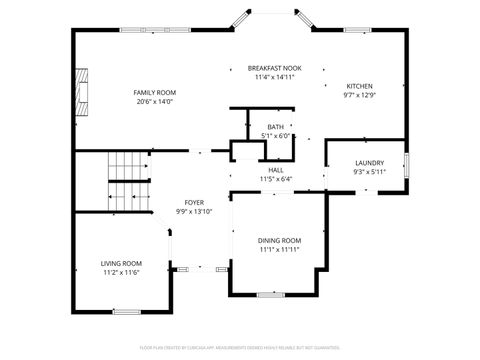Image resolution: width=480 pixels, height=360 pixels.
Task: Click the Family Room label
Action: point(154,92)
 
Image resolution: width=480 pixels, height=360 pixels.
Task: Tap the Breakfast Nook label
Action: point(274,67)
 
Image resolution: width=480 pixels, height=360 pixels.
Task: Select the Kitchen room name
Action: point(359,86)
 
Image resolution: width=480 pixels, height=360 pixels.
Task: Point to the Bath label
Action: point(275,126)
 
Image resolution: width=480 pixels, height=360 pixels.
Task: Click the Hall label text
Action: point(275,170)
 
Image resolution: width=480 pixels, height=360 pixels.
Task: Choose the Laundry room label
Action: point(369,162)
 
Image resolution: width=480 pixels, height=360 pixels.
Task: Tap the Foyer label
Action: point(194,202)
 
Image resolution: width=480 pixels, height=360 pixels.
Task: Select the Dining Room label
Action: point(280,240)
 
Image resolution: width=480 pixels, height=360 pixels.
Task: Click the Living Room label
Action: point(119,263)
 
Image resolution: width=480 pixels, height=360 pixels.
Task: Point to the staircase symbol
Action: point(127,180)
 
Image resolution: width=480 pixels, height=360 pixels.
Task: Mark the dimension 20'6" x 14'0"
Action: point(154,101)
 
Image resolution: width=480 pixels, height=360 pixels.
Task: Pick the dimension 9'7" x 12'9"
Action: point(359,96)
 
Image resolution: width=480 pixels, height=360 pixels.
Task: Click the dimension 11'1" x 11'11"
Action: point(280,249)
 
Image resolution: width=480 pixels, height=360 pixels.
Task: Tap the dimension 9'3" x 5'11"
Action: point(369,171)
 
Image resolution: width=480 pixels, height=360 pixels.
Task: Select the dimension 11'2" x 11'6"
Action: point(119,272)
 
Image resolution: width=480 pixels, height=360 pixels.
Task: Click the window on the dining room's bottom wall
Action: point(271,295)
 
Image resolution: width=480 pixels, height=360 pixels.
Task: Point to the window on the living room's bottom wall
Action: point(126,312)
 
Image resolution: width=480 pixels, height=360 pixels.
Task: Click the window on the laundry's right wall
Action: point(406,165)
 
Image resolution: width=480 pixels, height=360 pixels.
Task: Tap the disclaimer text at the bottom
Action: point(240,347)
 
